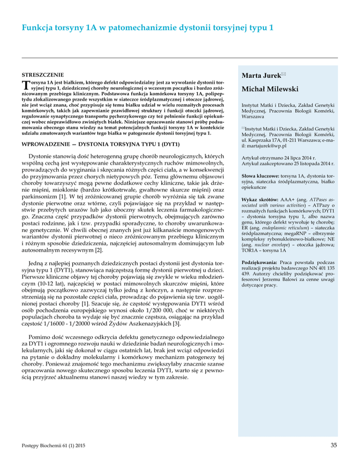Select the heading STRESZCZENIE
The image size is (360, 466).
pos(43,75)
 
